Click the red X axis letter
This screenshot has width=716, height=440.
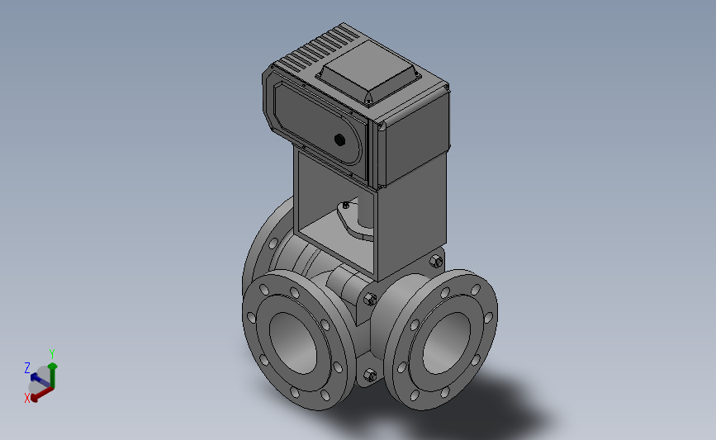click(x=27, y=398)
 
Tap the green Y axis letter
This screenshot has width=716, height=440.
click(x=52, y=354)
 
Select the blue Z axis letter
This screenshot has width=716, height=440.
click(x=27, y=368)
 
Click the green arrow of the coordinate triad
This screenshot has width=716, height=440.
click(x=53, y=376)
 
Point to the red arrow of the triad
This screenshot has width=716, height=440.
click(x=42, y=394)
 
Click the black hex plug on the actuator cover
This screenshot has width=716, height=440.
click(x=339, y=140)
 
